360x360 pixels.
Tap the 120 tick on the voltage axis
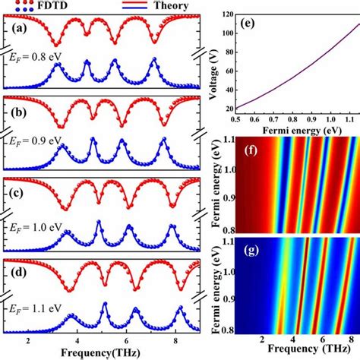(228, 14)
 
